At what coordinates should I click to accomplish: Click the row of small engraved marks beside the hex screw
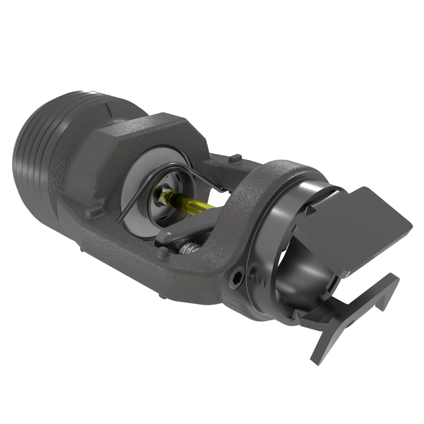pos(261,281)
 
